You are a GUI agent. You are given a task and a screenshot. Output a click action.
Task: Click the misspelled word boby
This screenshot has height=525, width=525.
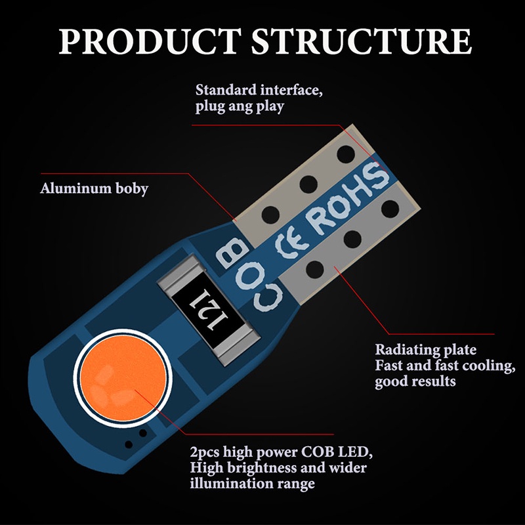(132, 189)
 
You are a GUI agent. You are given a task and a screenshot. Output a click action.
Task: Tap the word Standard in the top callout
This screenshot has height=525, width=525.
(226, 89)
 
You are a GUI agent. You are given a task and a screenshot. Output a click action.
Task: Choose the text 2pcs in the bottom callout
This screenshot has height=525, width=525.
(204, 453)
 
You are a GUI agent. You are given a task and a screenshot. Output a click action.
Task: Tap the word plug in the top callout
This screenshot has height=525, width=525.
(209, 106)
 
